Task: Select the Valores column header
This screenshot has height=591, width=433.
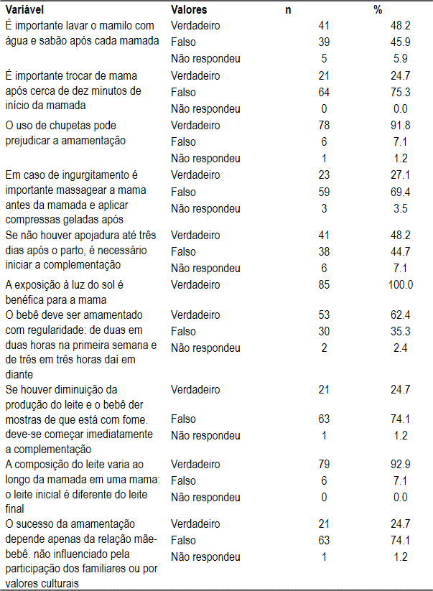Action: [190, 10]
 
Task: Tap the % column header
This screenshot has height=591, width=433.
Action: [378, 10]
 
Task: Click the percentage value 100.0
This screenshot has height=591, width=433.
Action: [400, 285]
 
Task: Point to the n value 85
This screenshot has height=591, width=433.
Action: [323, 285]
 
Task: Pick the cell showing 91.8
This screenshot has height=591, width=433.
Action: [400, 126]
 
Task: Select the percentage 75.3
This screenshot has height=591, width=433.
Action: [400, 92]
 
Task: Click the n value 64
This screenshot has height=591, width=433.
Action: [323, 92]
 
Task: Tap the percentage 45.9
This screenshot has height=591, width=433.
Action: [400, 42]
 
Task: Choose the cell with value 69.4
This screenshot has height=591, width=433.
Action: [400, 192]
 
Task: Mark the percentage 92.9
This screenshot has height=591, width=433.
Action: [400, 465]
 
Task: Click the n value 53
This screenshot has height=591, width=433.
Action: [323, 315]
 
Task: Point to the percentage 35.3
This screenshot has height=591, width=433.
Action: [400, 332]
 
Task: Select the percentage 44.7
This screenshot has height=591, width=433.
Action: [400, 251]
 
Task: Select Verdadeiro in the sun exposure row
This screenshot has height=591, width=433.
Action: [195, 285]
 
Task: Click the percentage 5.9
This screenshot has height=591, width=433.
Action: [400, 59]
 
